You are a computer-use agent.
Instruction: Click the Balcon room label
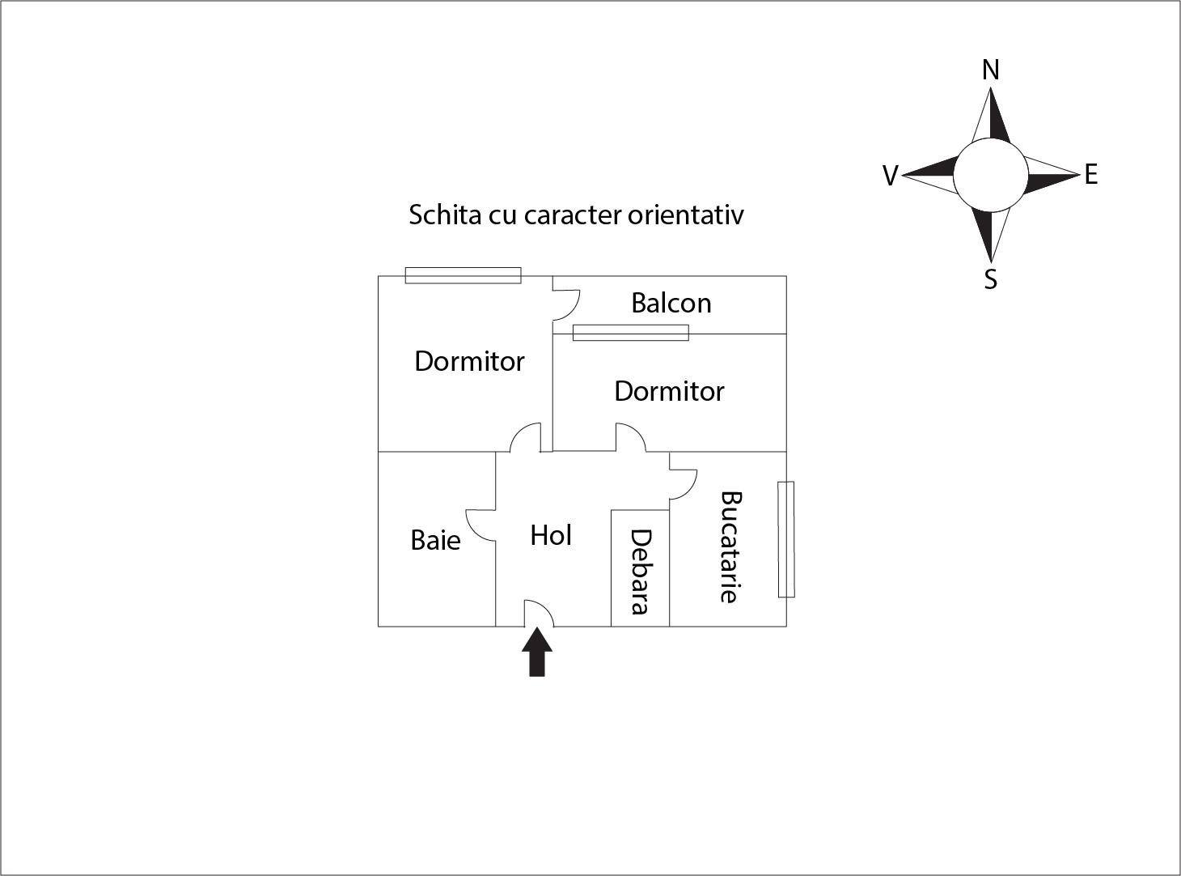pyautogui.click(x=671, y=303)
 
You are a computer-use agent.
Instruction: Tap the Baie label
pyautogui.click(x=435, y=540)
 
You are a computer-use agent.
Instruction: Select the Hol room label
pyautogui.click(x=551, y=535)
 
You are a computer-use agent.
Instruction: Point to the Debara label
pyautogui.click(x=640, y=572)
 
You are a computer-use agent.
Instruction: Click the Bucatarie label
pyautogui.click(x=730, y=546)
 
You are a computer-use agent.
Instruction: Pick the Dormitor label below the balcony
pyautogui.click(x=669, y=391)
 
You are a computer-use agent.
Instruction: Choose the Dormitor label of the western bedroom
pyautogui.click(x=469, y=361)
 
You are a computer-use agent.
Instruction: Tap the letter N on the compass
pyautogui.click(x=990, y=70)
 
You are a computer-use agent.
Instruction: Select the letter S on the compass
pyautogui.click(x=990, y=279)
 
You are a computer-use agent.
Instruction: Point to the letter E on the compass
pyautogui.click(x=1090, y=175)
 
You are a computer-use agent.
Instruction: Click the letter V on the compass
pyautogui.click(x=890, y=176)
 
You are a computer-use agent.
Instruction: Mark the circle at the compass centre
pyautogui.click(x=990, y=175)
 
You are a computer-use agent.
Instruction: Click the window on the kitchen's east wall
pyautogui.click(x=785, y=539)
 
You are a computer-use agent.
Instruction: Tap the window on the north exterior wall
pyautogui.click(x=463, y=275)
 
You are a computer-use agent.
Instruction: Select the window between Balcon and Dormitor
pyautogui.click(x=630, y=333)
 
